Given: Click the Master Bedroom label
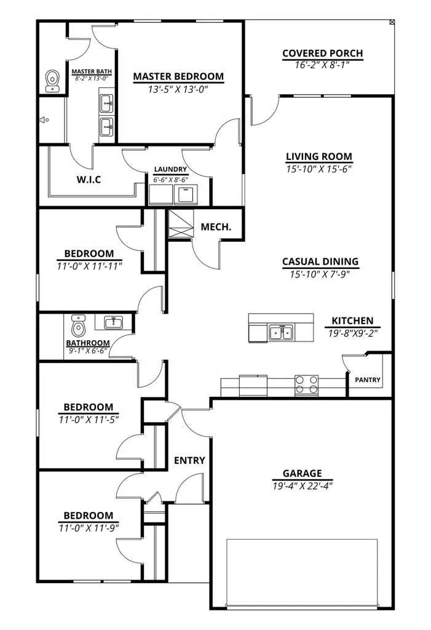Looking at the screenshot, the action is [x=178, y=76].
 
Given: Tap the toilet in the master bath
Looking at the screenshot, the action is [x=52, y=81].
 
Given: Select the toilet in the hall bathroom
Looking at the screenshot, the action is [x=79, y=326].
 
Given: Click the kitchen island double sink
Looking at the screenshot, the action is [x=282, y=333].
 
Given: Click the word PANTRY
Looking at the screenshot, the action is [x=368, y=380].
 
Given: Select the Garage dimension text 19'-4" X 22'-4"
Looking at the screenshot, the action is [x=302, y=486].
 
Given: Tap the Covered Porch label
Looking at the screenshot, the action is [x=323, y=54].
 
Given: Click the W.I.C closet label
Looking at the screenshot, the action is [x=89, y=179].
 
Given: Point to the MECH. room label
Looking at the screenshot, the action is [x=216, y=227].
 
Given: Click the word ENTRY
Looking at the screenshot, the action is [x=189, y=460].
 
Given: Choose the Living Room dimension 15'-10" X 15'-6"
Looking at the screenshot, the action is [x=319, y=169].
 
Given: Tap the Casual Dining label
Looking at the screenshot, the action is [x=320, y=261].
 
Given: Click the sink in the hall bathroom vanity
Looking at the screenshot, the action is [x=114, y=322].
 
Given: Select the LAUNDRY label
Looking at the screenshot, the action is [x=170, y=170].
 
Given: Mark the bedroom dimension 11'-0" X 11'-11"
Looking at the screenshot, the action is [x=89, y=266].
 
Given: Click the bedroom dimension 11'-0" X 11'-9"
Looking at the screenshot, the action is [x=89, y=528].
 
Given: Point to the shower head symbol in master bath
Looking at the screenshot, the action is [x=44, y=119].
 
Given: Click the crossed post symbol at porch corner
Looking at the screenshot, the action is [x=392, y=23].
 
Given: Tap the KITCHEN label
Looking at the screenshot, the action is [x=353, y=321].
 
